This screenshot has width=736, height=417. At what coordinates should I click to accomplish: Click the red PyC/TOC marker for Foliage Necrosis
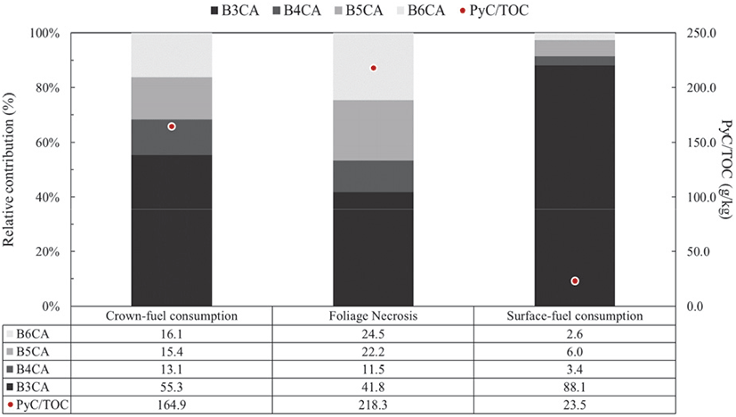374,68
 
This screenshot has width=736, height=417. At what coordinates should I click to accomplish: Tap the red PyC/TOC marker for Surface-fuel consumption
575,281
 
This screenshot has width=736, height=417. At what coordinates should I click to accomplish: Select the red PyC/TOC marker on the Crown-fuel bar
172,127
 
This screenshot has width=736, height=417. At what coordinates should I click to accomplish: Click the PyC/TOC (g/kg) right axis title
724,169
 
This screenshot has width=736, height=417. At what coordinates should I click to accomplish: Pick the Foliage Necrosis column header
373,316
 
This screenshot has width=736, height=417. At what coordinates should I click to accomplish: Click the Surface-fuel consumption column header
575,316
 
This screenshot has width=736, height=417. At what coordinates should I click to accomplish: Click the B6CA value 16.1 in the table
172,333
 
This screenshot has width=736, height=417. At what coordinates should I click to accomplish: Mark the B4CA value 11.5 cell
373,370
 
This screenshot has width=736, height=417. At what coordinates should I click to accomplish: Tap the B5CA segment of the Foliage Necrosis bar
373,130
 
